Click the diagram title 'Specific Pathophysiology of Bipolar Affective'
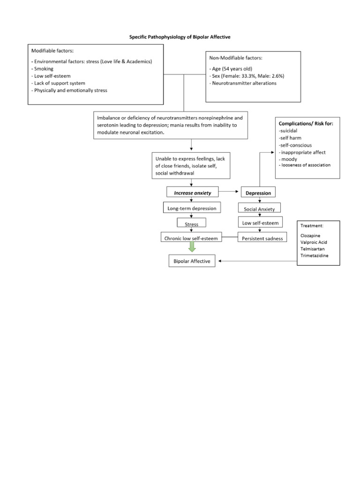click(x=180, y=36)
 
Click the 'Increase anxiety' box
click(x=192, y=193)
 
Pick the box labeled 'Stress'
click(x=192, y=224)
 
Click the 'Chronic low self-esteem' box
click(x=191, y=239)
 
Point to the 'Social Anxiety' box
click(x=259, y=209)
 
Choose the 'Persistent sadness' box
click(x=262, y=239)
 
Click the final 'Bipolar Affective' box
click(x=192, y=261)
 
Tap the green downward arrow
click(x=192, y=248)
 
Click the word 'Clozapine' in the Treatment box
click(x=310, y=235)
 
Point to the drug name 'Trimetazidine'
click(x=315, y=256)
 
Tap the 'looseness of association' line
click(x=306, y=165)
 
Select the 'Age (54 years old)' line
click(x=232, y=68)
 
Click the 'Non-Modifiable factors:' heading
click(x=236, y=58)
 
